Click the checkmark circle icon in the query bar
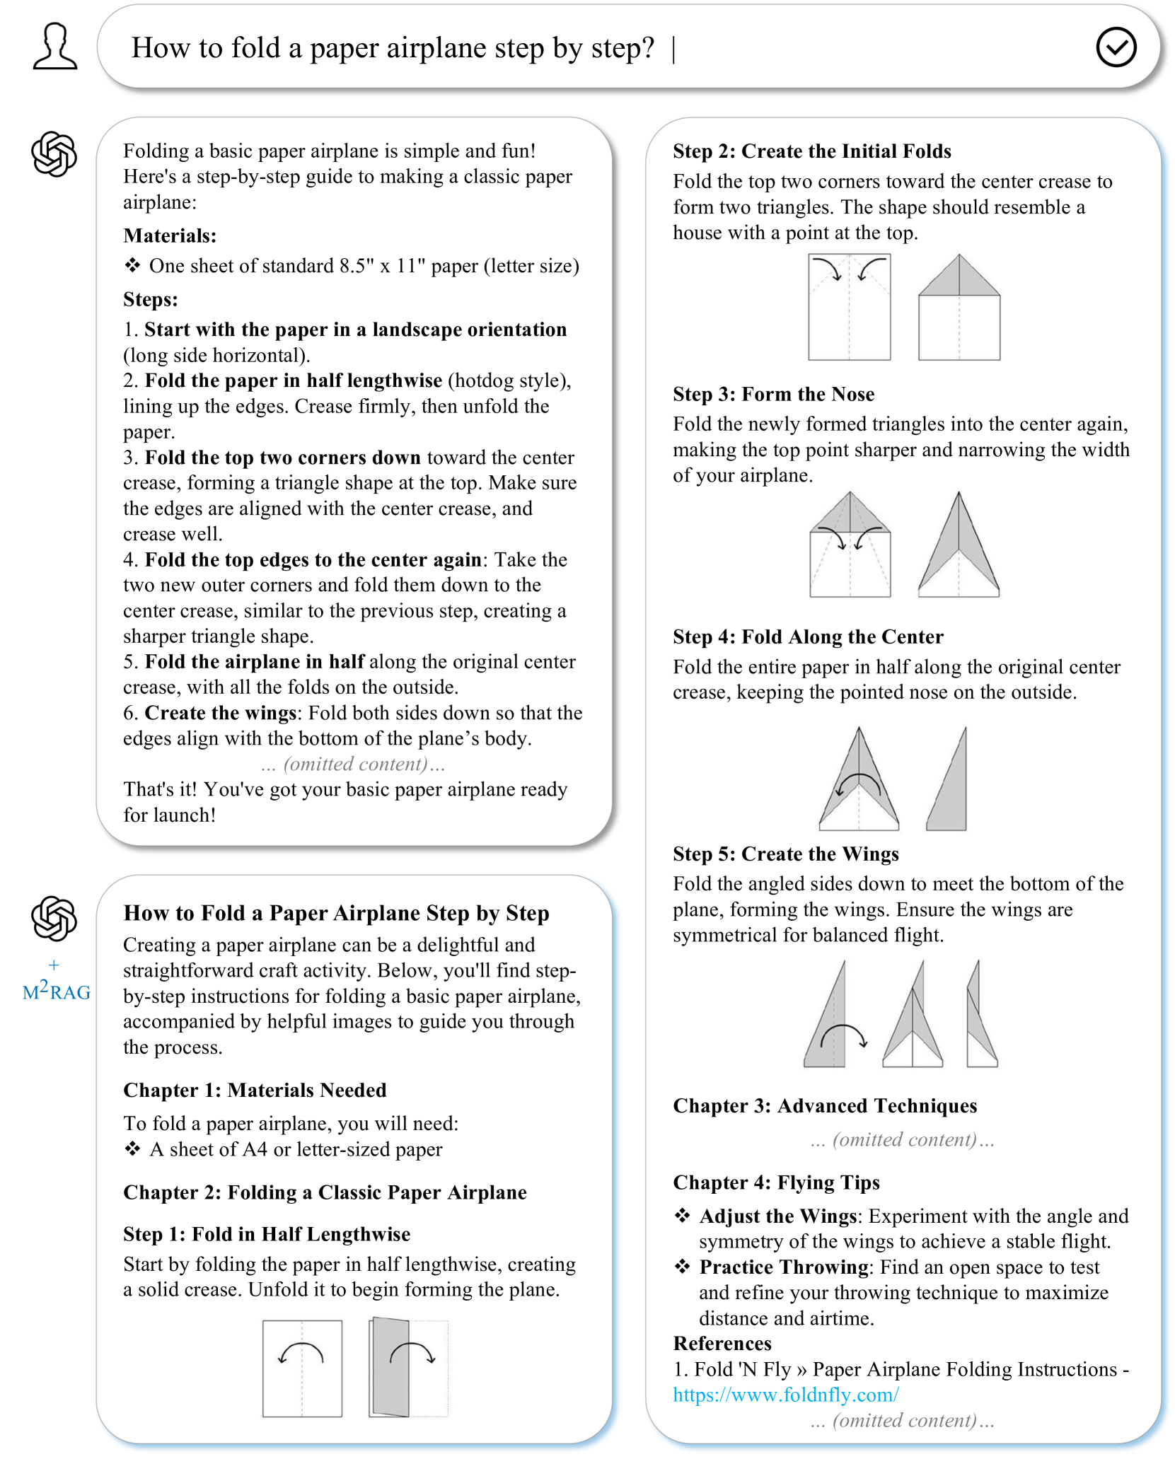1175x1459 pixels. (1116, 47)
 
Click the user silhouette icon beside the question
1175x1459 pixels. (54, 47)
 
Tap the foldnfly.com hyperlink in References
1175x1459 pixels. (785, 1394)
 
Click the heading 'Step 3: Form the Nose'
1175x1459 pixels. (773, 394)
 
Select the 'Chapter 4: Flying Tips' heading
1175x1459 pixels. (776, 1182)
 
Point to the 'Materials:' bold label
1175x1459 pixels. (170, 236)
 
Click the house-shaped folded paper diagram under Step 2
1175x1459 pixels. (959, 308)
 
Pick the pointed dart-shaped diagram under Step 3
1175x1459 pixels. (958, 545)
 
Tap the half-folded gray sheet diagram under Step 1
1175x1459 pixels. (408, 1368)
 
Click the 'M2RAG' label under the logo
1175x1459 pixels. (56, 991)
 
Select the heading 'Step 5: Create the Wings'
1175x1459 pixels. (785, 854)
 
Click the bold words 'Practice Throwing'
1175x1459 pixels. (784, 1267)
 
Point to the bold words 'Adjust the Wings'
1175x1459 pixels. (777, 1216)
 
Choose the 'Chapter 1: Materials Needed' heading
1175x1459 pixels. (255, 1090)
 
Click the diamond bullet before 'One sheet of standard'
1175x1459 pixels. (132, 265)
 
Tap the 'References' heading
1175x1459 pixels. (722, 1343)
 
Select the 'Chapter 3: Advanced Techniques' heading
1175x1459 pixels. (824, 1105)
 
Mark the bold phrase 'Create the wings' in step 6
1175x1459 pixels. (220, 713)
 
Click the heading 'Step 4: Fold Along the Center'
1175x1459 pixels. (808, 637)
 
